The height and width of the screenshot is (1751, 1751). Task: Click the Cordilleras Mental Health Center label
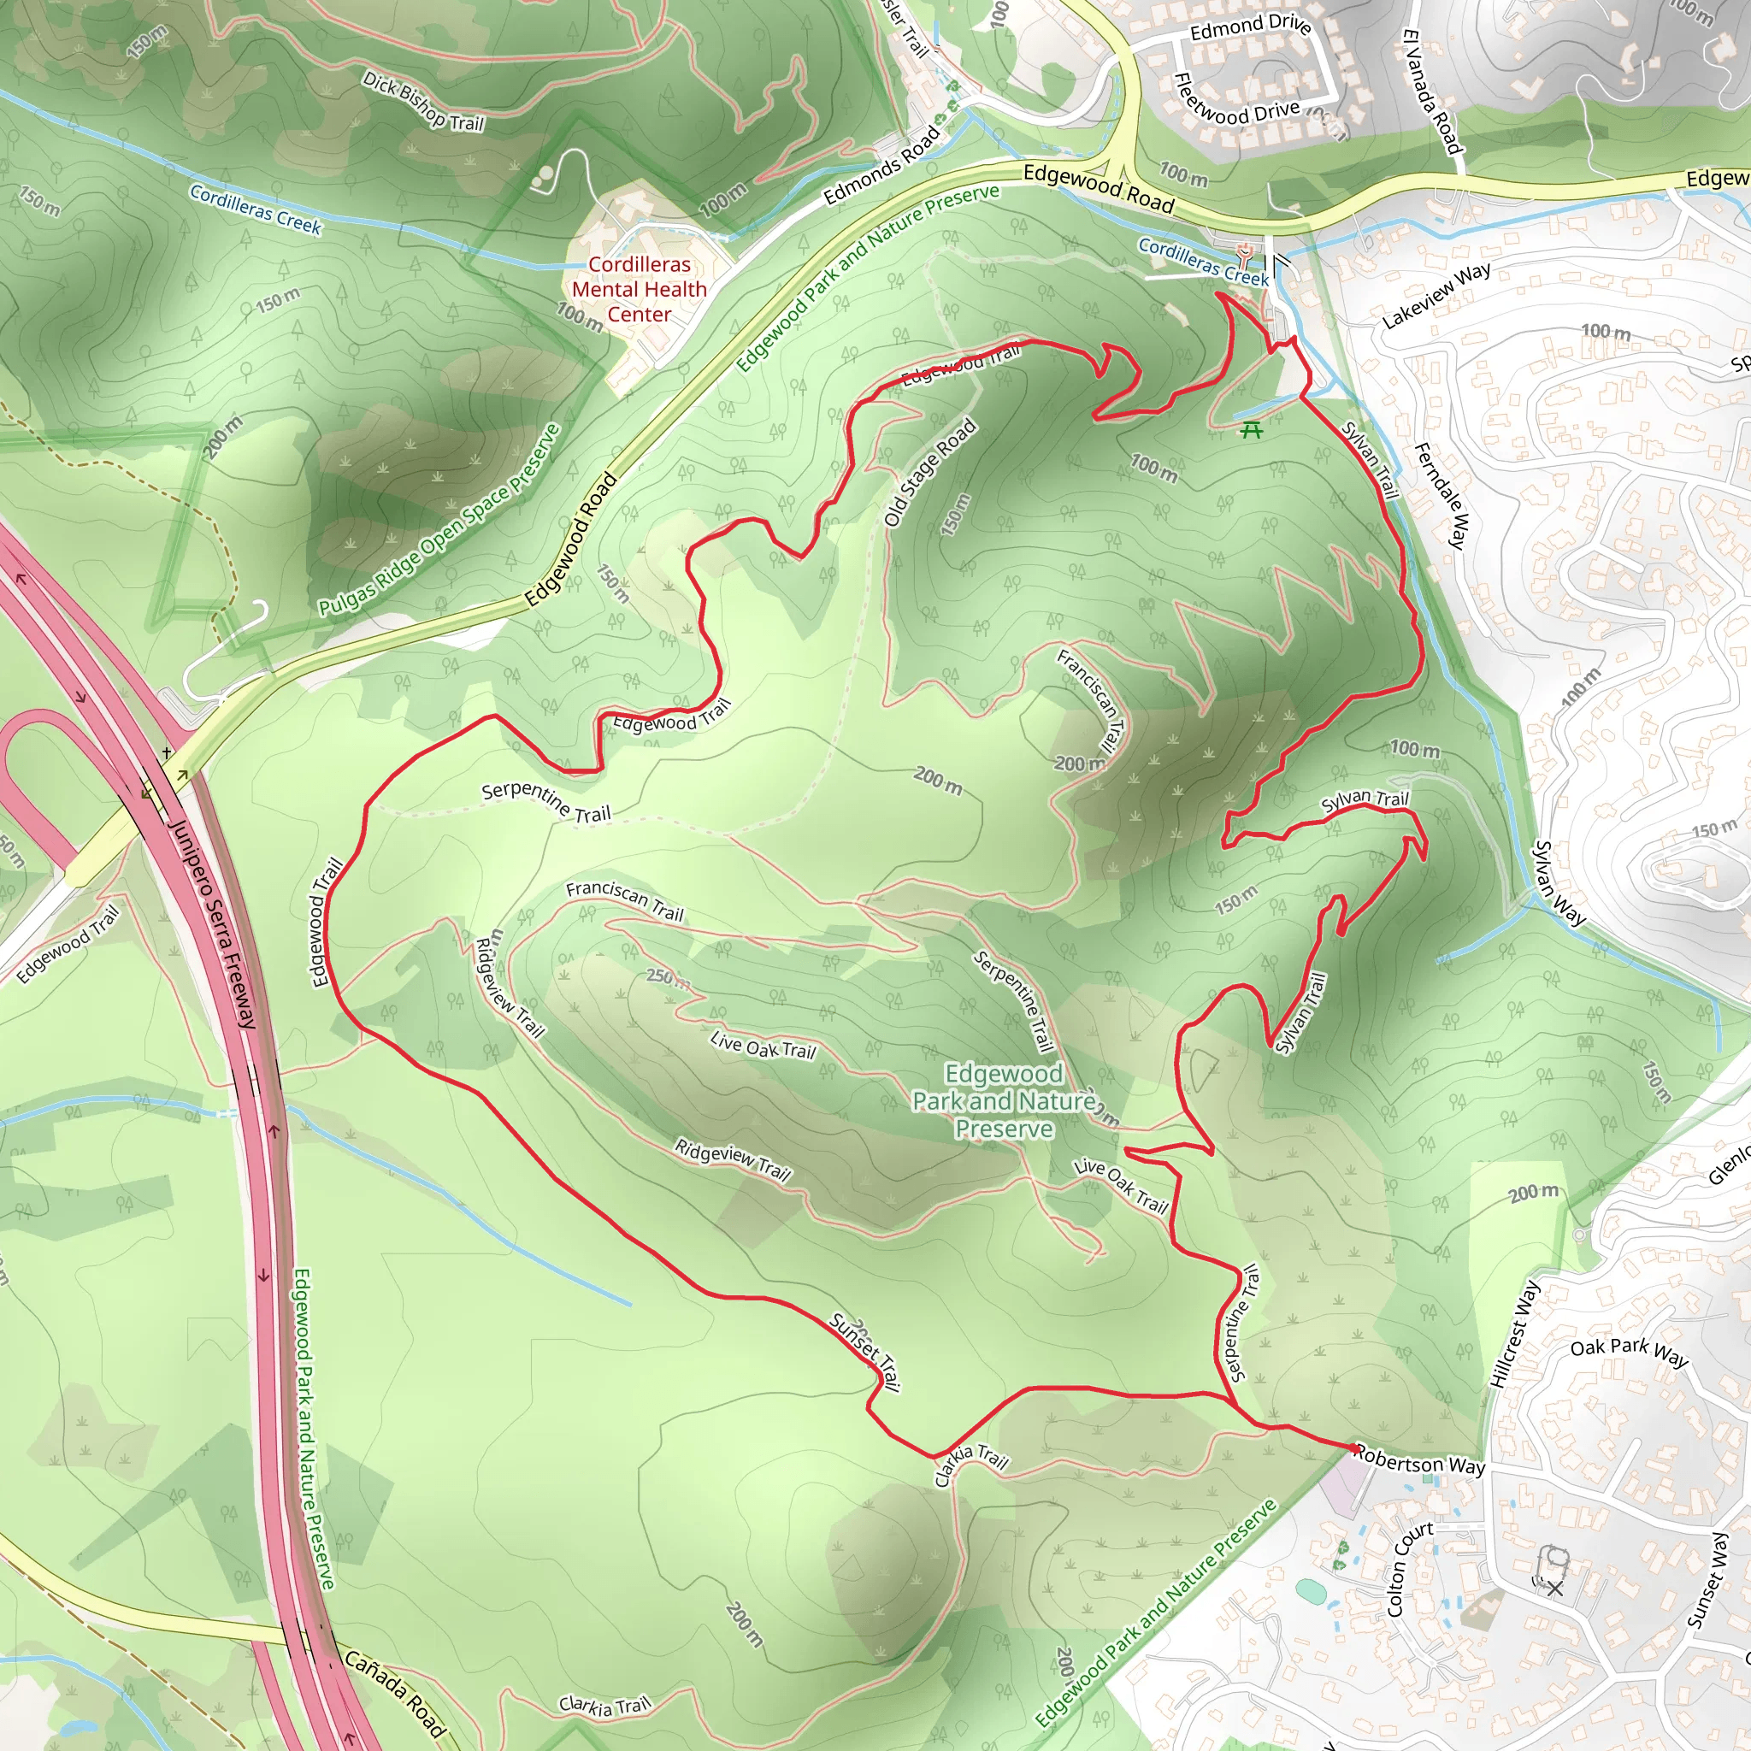point(639,289)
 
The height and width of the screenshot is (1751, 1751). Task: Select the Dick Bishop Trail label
point(423,100)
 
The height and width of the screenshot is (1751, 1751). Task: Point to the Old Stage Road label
point(930,472)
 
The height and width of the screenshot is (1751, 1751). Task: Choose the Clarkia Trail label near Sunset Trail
point(970,1465)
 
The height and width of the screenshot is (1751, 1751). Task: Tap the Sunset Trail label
point(865,1352)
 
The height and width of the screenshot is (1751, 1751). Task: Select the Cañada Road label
point(395,1693)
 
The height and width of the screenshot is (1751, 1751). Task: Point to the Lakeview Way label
point(1436,297)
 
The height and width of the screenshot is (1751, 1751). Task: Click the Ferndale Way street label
point(1440,495)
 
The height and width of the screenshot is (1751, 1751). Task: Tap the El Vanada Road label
point(1432,91)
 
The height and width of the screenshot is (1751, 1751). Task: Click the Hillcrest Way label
point(1514,1333)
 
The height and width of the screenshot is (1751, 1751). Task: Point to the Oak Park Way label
point(1629,1352)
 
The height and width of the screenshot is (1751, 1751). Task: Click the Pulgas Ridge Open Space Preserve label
point(439,522)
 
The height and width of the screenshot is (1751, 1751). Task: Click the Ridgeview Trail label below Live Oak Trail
point(733,1161)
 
